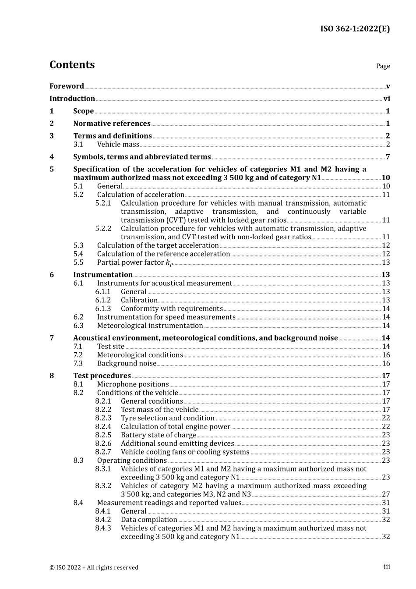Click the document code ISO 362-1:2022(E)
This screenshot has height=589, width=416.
pyautogui.click(x=355, y=29)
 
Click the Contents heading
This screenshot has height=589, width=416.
pyautogui.click(x=72, y=64)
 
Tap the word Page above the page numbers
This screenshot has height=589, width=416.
pyautogui.click(x=383, y=66)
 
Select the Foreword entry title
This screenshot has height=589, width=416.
pyautogui.click(x=67, y=86)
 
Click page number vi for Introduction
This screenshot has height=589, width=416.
pyautogui.click(x=386, y=99)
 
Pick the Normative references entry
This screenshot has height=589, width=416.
pyautogui.click(x=112, y=124)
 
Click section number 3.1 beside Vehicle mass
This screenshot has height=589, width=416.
pyautogui.click(x=78, y=144)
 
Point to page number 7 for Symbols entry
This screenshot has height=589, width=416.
pyautogui.click(x=388, y=157)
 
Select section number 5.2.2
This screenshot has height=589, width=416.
pyautogui.click(x=103, y=228)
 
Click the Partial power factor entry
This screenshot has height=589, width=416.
pyautogui.click(x=135, y=262)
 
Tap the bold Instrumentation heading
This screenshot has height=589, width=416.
pyautogui.click(x=103, y=275)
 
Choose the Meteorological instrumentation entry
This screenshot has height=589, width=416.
pyautogui.click(x=150, y=326)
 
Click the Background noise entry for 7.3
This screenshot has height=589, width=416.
pyautogui.click(x=127, y=363)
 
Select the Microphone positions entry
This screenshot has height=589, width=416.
pyautogui.click(x=133, y=384)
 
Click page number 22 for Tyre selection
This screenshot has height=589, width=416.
pyautogui.click(x=386, y=418)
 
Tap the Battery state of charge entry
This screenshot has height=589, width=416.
pyautogui.click(x=159, y=435)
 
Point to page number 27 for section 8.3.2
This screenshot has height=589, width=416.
pyautogui.click(x=386, y=494)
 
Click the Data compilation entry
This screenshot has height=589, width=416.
pyautogui.click(x=149, y=520)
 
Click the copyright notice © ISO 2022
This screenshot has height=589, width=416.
pyautogui.click(x=94, y=568)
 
